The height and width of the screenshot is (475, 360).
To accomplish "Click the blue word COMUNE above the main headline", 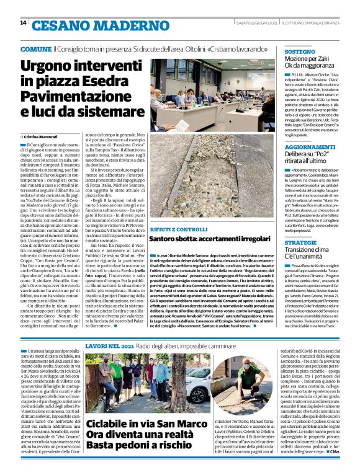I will coord(36,48).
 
